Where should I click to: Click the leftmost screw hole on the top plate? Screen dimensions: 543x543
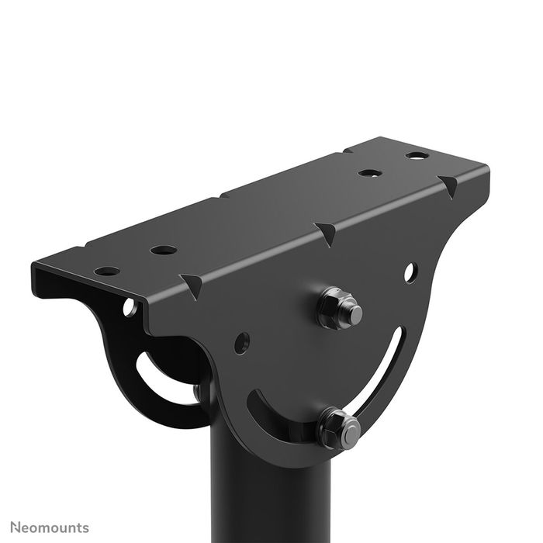click(107, 271)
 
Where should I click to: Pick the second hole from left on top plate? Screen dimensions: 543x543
click(163, 250)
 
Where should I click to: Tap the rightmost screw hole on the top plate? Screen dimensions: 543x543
click(416, 156)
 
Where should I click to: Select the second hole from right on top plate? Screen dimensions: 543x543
click(368, 172)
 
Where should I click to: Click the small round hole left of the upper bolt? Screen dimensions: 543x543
click(242, 340)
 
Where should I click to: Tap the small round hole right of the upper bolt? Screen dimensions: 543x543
click(410, 272)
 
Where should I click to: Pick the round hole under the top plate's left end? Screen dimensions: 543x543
click(129, 307)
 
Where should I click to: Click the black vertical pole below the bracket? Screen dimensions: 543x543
click(271, 496)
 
